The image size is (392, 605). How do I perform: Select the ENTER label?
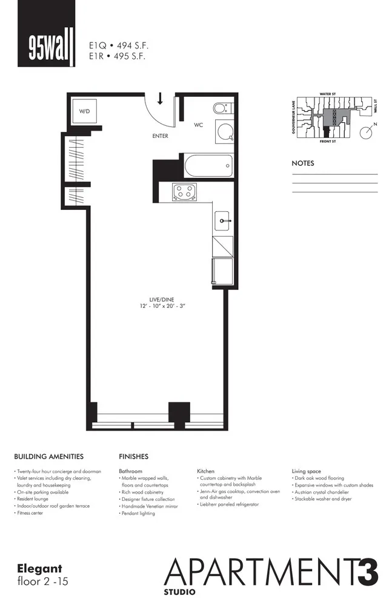(160, 136)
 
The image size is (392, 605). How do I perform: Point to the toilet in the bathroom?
(221, 108)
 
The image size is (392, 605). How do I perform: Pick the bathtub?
(208, 165)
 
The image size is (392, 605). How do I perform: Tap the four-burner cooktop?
(185, 192)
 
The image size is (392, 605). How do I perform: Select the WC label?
(198, 125)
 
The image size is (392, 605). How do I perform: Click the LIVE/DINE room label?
(159, 299)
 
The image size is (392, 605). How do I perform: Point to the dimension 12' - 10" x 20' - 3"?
(159, 306)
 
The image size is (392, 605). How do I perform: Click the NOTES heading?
(303, 163)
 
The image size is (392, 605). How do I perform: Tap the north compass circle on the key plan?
(366, 132)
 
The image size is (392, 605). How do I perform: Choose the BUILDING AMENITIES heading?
(48, 457)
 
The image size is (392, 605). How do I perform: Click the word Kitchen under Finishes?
(205, 471)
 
